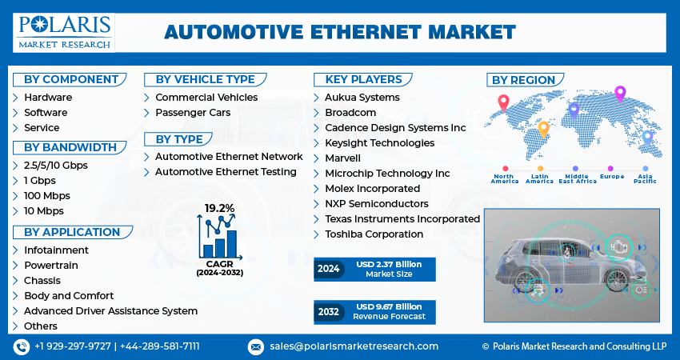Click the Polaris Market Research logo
[64, 32]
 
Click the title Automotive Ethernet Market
[340, 32]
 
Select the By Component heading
[71, 79]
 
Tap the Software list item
[46, 112]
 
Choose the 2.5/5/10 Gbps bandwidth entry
[55, 165]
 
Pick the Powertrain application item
[50, 265]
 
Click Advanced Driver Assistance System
[110, 310]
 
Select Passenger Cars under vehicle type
[193, 112]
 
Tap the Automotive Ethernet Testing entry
[226, 172]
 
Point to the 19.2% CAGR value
[219, 208]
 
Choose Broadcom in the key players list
[350, 112]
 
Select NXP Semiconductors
[376, 203]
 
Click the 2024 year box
[329, 270]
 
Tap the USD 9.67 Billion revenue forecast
[390, 307]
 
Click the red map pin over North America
[503, 102]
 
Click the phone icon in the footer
[22, 346]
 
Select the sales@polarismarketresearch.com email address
[354, 346]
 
